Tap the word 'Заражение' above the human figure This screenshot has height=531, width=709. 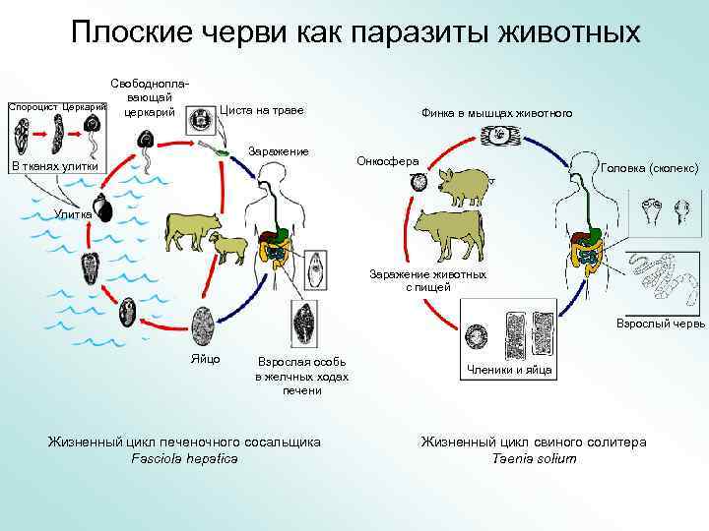279,150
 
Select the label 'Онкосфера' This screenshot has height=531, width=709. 388,160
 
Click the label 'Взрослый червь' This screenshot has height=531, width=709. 660,323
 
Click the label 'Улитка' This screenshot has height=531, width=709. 73,213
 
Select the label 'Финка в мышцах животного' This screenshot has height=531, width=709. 496,113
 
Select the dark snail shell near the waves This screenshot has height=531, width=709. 102,209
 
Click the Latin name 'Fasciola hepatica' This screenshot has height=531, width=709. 184,459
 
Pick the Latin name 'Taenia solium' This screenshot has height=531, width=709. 533,459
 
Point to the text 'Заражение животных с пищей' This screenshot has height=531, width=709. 427,280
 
